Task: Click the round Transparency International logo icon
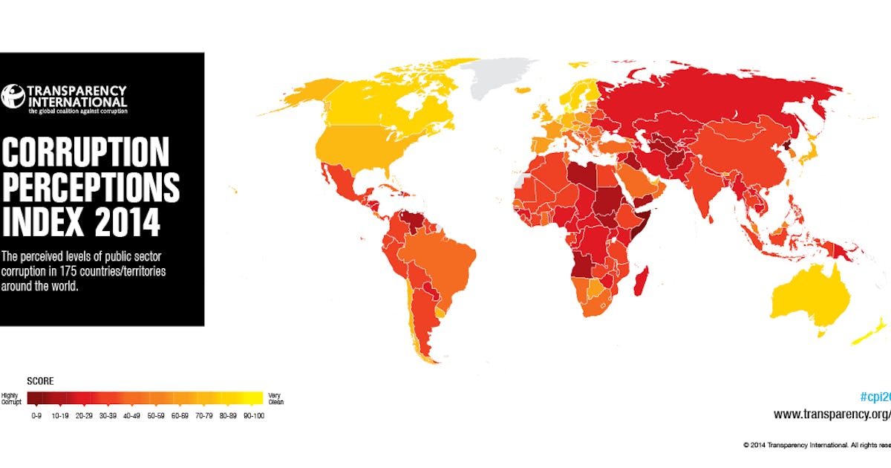click(13, 96)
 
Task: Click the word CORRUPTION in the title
click(85, 153)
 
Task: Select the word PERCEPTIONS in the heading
click(91, 187)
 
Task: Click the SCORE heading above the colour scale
click(40, 381)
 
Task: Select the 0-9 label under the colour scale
click(36, 416)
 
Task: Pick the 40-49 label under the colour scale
click(131, 416)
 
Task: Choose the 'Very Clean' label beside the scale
click(275, 399)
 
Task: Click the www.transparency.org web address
click(832, 415)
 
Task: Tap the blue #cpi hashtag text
click(874, 396)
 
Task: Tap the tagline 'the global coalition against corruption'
click(77, 111)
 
